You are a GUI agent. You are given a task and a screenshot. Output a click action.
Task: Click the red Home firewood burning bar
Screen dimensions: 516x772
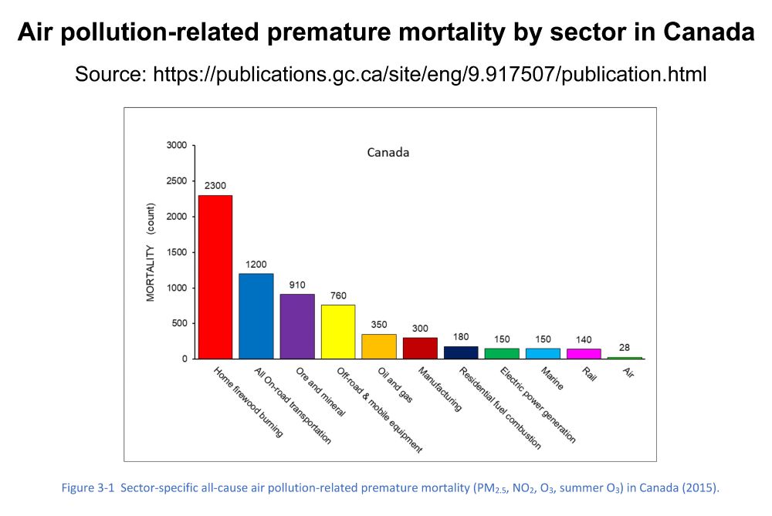click(x=215, y=277)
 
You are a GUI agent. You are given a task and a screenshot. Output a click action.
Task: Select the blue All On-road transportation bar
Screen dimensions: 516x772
click(x=256, y=316)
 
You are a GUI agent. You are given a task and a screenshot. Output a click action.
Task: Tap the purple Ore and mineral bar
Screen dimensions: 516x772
click(x=297, y=326)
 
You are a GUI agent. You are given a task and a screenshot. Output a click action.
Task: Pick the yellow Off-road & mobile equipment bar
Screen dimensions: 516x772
click(x=338, y=332)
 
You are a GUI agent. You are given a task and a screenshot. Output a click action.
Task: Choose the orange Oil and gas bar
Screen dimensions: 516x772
click(x=379, y=346)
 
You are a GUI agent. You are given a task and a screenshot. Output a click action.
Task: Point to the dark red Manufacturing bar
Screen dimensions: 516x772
click(x=420, y=348)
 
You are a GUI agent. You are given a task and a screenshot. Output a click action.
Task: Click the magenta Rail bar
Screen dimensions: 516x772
click(x=584, y=353)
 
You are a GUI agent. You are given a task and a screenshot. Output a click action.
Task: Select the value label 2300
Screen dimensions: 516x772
click(x=215, y=186)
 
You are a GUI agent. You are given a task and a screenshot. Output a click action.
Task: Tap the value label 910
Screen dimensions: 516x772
click(x=297, y=285)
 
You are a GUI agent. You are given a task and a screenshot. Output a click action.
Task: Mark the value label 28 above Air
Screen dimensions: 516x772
click(x=625, y=348)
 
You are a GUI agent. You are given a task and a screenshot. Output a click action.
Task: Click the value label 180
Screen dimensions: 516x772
click(x=461, y=337)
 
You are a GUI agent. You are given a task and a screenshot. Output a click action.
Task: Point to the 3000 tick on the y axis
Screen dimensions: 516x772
click(x=176, y=145)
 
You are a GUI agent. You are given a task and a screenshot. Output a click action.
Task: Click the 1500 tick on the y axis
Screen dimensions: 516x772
click(x=176, y=252)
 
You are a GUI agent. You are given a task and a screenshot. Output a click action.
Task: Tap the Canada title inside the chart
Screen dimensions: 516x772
click(x=388, y=152)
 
